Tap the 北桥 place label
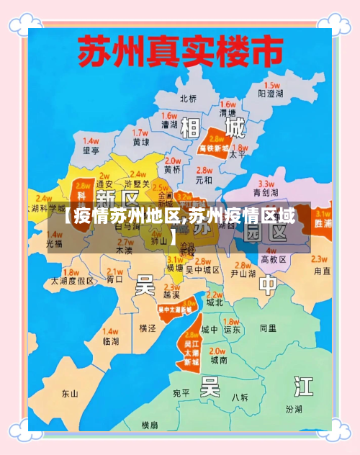pos(188,99)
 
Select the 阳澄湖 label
pos(271,94)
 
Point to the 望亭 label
pos(91,150)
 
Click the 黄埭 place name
pos(141,143)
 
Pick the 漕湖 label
pos(169,125)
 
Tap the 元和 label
pos(204,179)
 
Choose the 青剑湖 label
pos(266,193)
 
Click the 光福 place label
pos(54,244)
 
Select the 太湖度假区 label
pos(72,281)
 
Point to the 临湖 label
pos(111,341)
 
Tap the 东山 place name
pos(70,394)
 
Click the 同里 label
pos(268,328)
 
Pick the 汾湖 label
pos(294,410)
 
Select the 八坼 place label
pos(240,397)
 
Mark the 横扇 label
pos(150,425)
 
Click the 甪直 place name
pos(322,272)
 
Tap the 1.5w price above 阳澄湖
pos(271,84)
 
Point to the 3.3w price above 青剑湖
pos(266,184)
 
